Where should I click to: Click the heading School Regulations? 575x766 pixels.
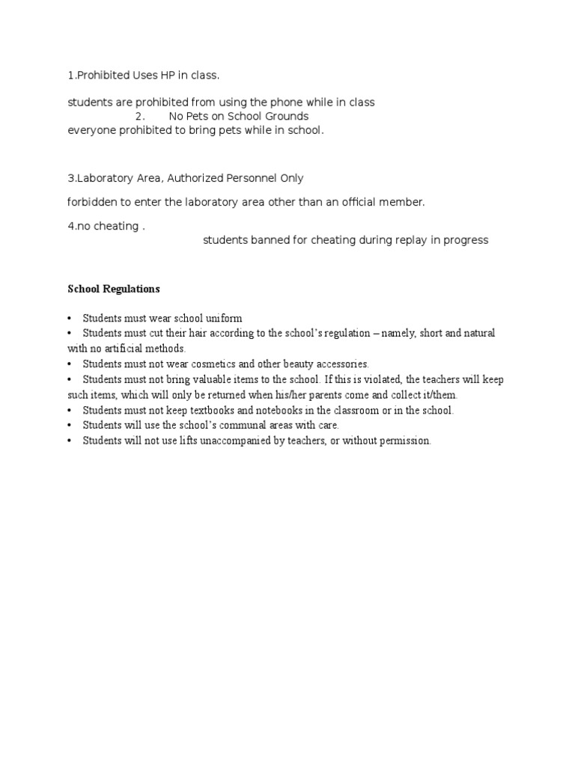click(x=114, y=289)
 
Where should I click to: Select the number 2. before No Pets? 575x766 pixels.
click(x=140, y=116)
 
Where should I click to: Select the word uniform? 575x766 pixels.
click(x=222, y=318)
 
